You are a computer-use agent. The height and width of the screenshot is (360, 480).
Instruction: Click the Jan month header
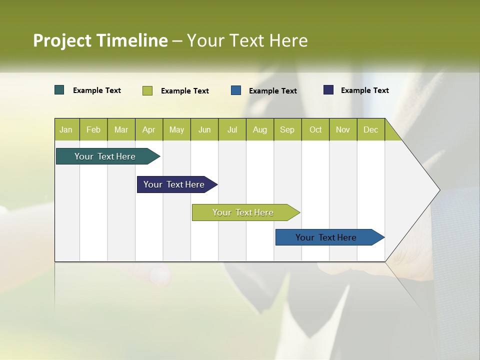pyautogui.click(x=66, y=129)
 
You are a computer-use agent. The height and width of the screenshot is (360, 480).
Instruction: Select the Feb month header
pyautogui.click(x=93, y=129)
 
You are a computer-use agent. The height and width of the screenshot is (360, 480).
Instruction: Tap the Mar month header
pyautogui.click(x=121, y=129)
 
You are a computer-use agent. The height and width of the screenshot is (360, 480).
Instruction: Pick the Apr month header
pyautogui.click(x=149, y=129)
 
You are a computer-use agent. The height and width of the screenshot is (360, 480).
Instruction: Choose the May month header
pyautogui.click(x=176, y=129)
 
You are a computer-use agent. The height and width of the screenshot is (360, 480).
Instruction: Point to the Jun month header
pyautogui.click(x=204, y=129)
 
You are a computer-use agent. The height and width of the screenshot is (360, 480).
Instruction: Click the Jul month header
pyautogui.click(x=232, y=129)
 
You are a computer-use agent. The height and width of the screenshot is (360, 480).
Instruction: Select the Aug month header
pyautogui.click(x=260, y=129)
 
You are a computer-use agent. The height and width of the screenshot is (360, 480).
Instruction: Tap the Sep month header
pyautogui.click(x=287, y=129)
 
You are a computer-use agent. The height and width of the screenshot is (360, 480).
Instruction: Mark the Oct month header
pyautogui.click(x=315, y=129)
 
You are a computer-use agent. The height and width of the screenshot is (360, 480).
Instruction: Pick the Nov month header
pyautogui.click(x=343, y=129)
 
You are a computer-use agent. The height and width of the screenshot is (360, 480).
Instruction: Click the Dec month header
pyautogui.click(x=371, y=129)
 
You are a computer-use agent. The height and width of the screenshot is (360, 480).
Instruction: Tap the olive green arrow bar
pyautogui.click(x=243, y=212)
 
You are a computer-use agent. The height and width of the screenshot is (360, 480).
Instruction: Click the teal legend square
pyautogui.click(x=59, y=90)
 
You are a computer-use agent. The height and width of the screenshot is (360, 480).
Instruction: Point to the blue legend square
pyautogui.click(x=236, y=90)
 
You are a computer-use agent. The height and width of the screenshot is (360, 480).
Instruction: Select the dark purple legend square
pyautogui.click(x=328, y=90)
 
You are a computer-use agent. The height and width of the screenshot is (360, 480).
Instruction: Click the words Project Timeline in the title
pyautogui.click(x=100, y=40)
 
